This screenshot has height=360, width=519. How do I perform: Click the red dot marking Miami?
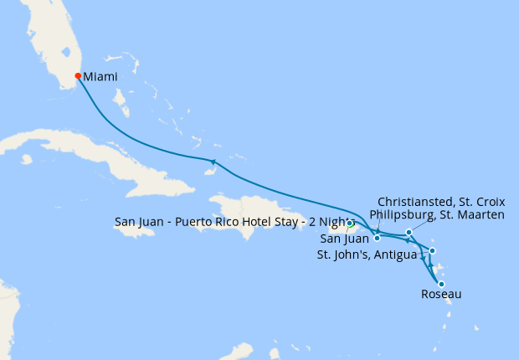78,76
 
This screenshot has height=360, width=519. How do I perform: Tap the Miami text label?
100,76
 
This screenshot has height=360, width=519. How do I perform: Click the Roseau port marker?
441,284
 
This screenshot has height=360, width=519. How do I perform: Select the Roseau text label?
440,295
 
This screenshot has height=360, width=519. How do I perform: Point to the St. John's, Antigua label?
366,255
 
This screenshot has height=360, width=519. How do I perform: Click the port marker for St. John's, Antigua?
432,250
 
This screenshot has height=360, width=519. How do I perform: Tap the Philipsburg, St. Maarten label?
436,215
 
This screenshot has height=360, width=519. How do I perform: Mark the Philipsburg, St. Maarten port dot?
409,232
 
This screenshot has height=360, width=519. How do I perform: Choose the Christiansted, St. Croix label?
441,202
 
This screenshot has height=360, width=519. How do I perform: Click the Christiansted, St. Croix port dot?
378,238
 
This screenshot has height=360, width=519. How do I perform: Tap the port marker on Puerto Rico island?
350,224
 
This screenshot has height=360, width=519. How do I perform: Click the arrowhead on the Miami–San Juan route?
213,161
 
